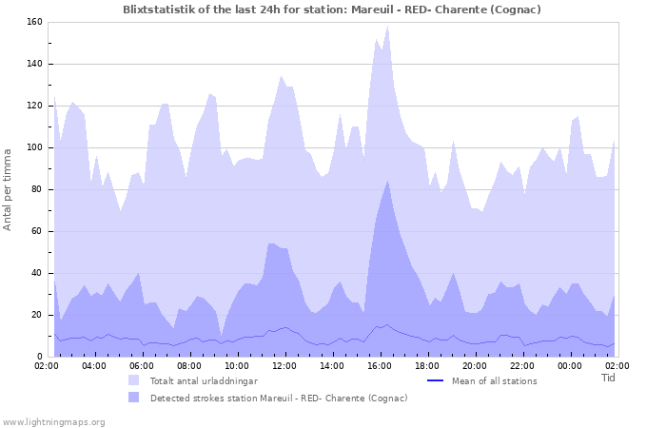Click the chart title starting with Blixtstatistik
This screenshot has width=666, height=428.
(x=332, y=10)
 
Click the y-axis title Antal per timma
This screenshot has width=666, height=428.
(x=8, y=188)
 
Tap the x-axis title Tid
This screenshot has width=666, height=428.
(x=609, y=378)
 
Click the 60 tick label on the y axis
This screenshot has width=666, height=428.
(x=34, y=231)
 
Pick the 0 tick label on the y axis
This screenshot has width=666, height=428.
(x=38, y=357)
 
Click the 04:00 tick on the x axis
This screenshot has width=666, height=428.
(x=94, y=365)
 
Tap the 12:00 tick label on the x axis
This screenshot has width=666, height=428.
(x=284, y=365)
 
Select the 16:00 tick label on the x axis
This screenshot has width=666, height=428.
(x=380, y=365)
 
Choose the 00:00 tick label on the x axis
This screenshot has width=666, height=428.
(x=570, y=365)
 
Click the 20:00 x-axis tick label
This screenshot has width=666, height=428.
(x=475, y=365)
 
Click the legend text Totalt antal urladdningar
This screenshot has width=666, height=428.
(x=204, y=380)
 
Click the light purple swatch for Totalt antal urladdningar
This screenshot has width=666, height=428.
(x=134, y=380)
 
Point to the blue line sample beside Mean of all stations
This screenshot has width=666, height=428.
(x=436, y=380)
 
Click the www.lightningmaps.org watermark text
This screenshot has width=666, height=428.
(x=53, y=421)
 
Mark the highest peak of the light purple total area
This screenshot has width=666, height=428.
(x=387, y=26)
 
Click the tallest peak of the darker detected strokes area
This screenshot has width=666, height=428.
(x=387, y=181)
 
